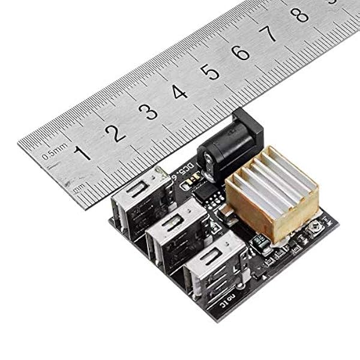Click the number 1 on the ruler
point(82,152)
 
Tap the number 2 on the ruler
point(115,131)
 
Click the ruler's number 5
point(209,72)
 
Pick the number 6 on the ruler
point(240,53)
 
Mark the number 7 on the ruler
point(271,34)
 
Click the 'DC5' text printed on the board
point(187,170)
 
